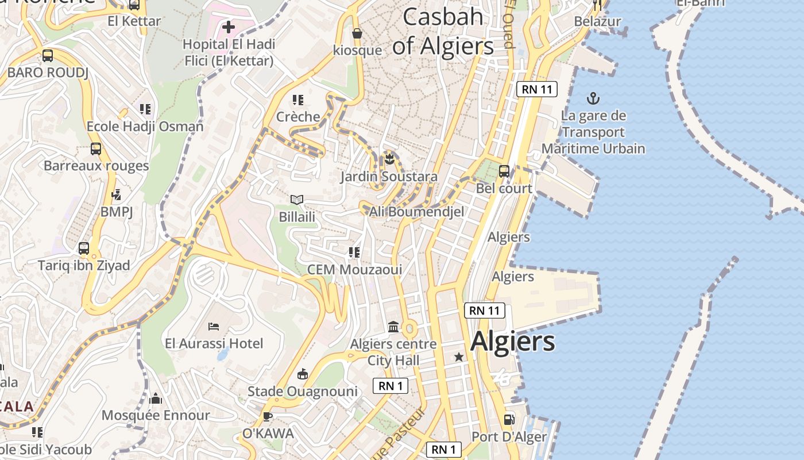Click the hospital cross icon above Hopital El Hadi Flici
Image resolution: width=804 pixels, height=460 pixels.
(229, 26)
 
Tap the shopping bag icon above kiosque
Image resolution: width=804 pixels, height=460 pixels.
(357, 33)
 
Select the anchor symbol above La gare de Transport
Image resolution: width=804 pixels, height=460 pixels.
(593, 98)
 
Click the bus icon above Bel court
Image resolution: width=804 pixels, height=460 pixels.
(504, 171)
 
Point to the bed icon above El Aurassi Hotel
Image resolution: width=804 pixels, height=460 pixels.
(214, 327)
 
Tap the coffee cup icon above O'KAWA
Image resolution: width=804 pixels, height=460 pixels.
(267, 416)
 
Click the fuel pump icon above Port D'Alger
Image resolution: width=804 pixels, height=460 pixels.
(509, 420)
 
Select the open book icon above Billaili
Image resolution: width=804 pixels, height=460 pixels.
(296, 200)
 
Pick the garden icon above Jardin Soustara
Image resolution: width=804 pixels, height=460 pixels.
(389, 158)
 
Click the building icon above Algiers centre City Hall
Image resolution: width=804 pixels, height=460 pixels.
(393, 327)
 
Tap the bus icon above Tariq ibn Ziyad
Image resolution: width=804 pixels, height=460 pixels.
(84, 248)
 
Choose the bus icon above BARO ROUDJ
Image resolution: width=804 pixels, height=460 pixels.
(48, 56)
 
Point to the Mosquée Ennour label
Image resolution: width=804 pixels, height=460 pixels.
(156, 415)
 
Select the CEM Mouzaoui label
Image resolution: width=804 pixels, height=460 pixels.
(354, 269)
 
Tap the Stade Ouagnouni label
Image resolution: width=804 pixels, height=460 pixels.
(302, 392)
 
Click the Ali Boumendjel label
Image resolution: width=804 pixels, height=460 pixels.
(416, 212)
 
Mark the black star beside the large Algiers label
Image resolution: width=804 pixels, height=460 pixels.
(458, 357)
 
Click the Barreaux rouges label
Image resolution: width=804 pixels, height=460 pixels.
(96, 166)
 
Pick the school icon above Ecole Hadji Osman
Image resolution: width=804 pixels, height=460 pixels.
(145, 109)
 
